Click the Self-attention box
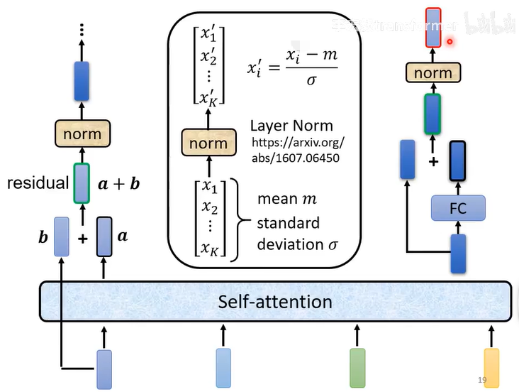point(274,302)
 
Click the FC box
point(458,209)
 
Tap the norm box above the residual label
point(82,134)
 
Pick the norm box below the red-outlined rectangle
point(432,73)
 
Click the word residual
point(36,183)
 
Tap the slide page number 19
point(482,381)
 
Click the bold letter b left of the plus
point(43,235)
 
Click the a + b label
point(118,184)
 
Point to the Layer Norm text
point(291,126)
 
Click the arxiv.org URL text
point(298,150)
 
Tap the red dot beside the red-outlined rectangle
point(450,42)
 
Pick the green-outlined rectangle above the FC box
point(432,114)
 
